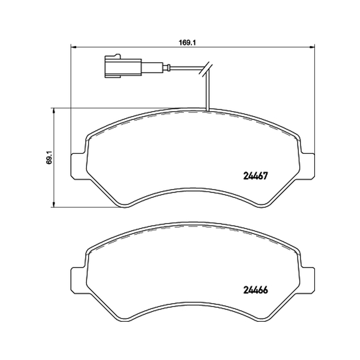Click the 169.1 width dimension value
point(187,43)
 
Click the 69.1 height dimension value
point(49,157)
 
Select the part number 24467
point(255,176)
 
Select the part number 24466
point(255,290)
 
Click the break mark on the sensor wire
point(205,69)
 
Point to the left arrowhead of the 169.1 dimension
point(73,47)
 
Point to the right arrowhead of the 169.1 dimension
point(312,47)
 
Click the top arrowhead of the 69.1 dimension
point(54,111)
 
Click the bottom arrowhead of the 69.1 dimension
point(54,204)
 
